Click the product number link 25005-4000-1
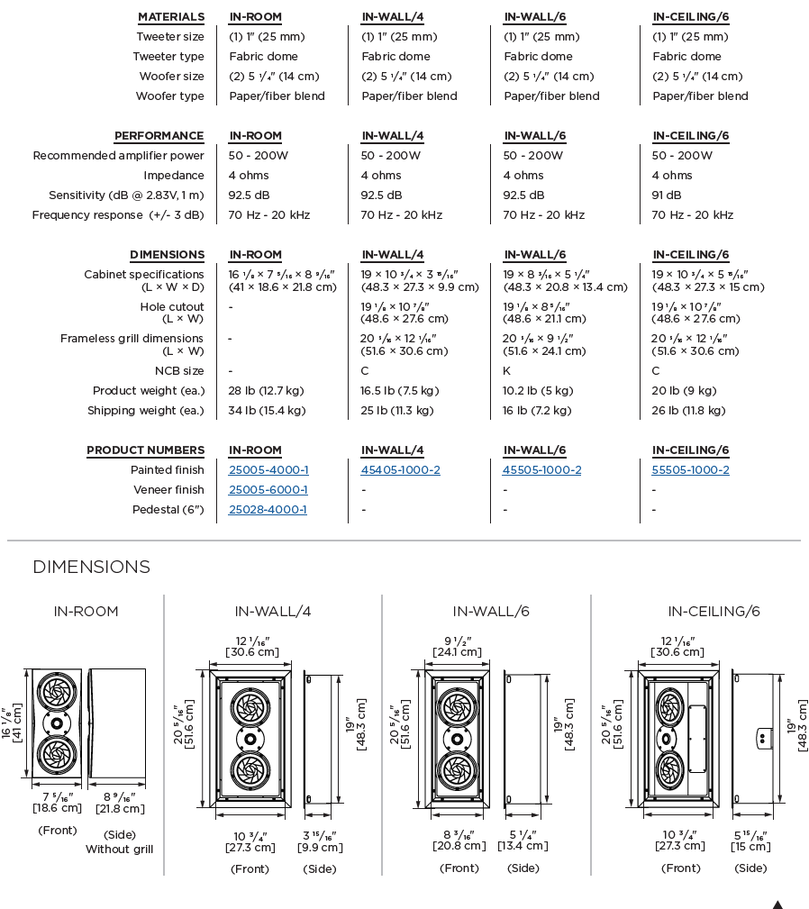point(268,470)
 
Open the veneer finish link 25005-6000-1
point(268,490)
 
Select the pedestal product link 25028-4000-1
point(268,510)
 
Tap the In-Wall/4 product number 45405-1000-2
point(401,470)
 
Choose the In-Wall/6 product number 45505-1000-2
point(542,470)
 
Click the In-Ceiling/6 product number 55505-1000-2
point(691,470)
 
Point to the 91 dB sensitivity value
point(667,195)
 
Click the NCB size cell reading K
point(507,371)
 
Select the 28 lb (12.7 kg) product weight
point(267,391)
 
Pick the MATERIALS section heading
point(171,17)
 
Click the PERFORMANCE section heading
point(159,136)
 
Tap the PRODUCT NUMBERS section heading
point(146,450)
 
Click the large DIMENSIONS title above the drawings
point(91,567)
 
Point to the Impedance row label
point(174,176)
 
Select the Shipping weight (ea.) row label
point(146,411)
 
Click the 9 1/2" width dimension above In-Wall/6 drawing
point(459,647)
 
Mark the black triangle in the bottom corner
point(777,904)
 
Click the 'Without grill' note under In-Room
point(120,850)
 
